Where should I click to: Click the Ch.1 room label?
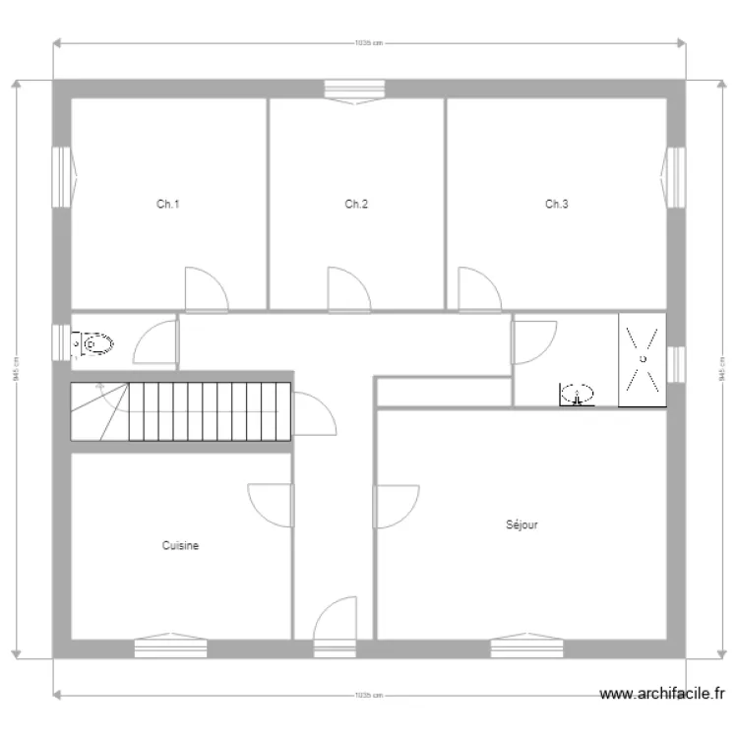[168, 205]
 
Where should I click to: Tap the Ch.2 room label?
[356, 205]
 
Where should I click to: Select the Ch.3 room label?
[557, 205]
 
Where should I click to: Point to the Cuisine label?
[181, 545]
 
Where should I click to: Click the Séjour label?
[522, 525]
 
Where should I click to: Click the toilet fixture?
[95, 345]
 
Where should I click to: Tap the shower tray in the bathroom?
[642, 359]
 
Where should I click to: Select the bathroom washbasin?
[579, 396]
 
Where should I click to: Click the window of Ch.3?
[675, 178]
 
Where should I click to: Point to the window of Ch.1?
[61, 178]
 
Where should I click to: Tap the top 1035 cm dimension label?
[368, 43]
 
